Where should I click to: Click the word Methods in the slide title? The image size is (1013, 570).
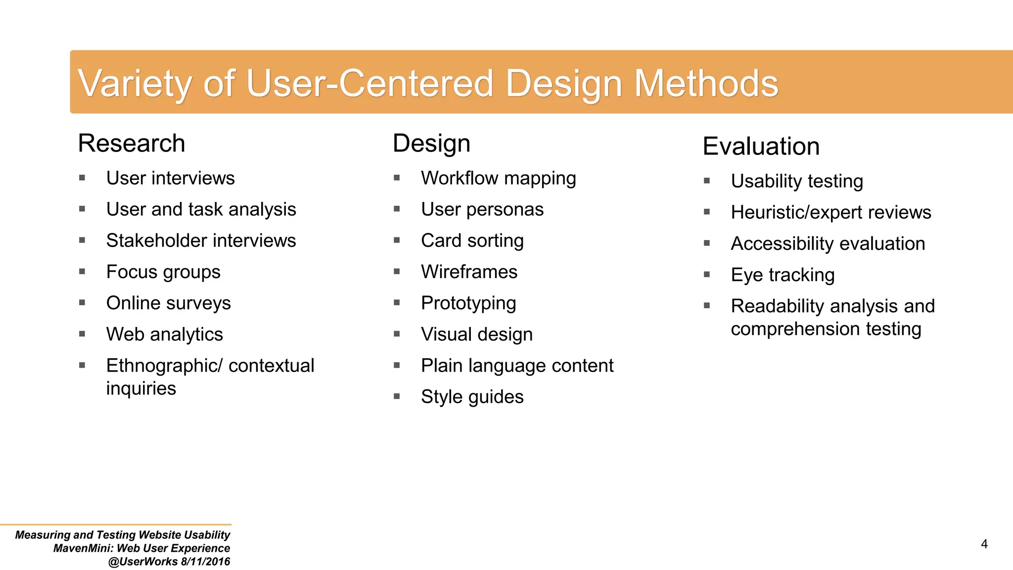(706, 83)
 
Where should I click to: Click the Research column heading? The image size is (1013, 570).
(132, 143)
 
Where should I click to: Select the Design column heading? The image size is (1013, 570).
(431, 143)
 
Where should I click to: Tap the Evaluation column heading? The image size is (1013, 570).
(761, 146)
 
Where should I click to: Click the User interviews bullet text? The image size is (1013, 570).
(170, 178)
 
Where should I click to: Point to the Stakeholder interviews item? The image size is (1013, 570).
(201, 240)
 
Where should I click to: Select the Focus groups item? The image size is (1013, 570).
(163, 272)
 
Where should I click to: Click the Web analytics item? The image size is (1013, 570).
(164, 334)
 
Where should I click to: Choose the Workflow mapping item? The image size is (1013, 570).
(498, 178)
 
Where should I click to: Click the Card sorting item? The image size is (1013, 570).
(472, 240)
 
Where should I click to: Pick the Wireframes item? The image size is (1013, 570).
(469, 272)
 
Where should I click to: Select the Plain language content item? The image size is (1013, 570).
(517, 366)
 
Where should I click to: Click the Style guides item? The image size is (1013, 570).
(472, 397)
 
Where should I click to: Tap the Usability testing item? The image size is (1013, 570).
(797, 181)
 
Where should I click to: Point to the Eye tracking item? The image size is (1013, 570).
(783, 275)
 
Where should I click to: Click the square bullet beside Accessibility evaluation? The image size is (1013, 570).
(707, 243)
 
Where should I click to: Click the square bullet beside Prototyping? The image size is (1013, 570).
(397, 302)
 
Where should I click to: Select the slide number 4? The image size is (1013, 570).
(984, 544)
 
